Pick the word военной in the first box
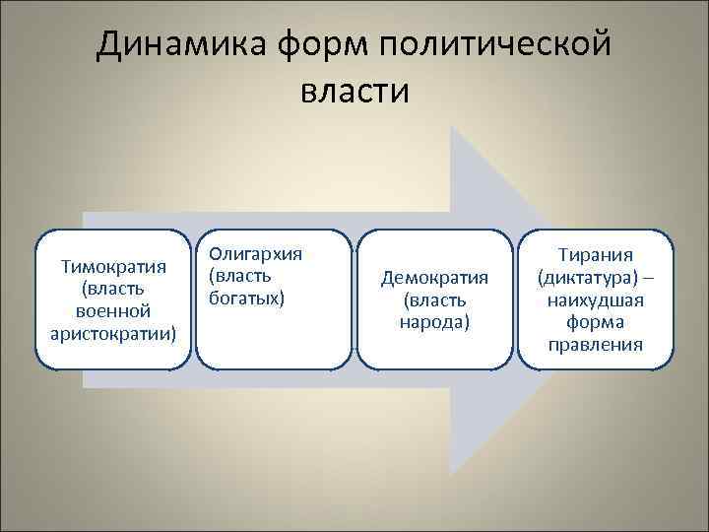tap(112, 310)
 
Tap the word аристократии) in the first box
tap(112, 332)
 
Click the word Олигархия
tap(255, 253)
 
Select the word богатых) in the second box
tap(247, 297)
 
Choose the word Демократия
tap(434, 278)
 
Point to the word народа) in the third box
tap(434, 321)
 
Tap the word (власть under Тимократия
tap(112, 289)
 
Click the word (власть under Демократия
tap(434, 299)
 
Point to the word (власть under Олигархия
tap(239, 275)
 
